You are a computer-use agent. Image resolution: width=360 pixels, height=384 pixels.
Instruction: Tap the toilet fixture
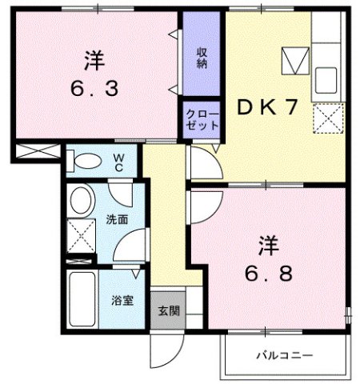(x=83, y=160)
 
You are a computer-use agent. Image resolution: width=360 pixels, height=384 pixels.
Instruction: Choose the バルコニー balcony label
(x=284, y=354)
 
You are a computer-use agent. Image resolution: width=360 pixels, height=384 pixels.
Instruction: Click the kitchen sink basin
(x=327, y=80)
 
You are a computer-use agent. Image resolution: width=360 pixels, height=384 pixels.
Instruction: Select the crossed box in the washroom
(x=80, y=236)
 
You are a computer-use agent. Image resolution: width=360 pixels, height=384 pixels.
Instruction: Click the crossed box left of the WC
(x=35, y=152)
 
